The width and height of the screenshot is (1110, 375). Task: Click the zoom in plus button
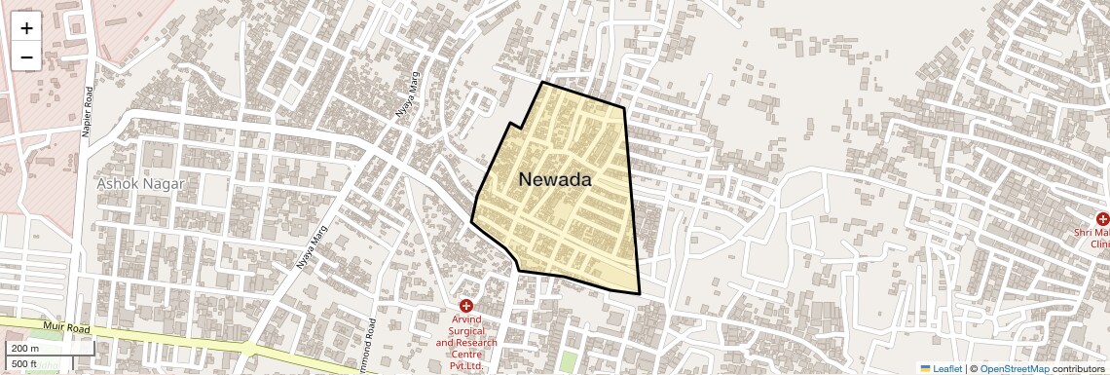click(26, 28)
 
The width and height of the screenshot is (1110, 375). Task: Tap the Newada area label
click(555, 180)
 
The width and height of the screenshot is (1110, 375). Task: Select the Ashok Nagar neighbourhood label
click(140, 183)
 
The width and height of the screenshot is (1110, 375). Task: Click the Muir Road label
click(65, 328)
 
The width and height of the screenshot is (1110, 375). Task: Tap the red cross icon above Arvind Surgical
click(466, 306)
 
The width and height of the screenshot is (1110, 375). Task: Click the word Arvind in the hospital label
click(466, 319)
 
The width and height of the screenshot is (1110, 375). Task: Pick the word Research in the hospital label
click(474, 343)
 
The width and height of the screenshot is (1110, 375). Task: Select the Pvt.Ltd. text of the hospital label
click(466, 366)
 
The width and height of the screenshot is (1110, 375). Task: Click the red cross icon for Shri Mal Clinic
click(1102, 219)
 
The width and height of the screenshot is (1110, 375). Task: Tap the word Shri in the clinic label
click(1086, 233)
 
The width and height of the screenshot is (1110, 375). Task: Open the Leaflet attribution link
click(947, 369)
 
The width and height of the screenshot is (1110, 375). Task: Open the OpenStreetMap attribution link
click(1014, 369)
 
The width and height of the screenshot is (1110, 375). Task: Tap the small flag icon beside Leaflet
click(926, 369)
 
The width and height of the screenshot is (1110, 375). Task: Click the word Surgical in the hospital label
click(466, 331)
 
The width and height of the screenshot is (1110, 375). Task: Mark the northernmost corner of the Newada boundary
click(542, 83)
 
